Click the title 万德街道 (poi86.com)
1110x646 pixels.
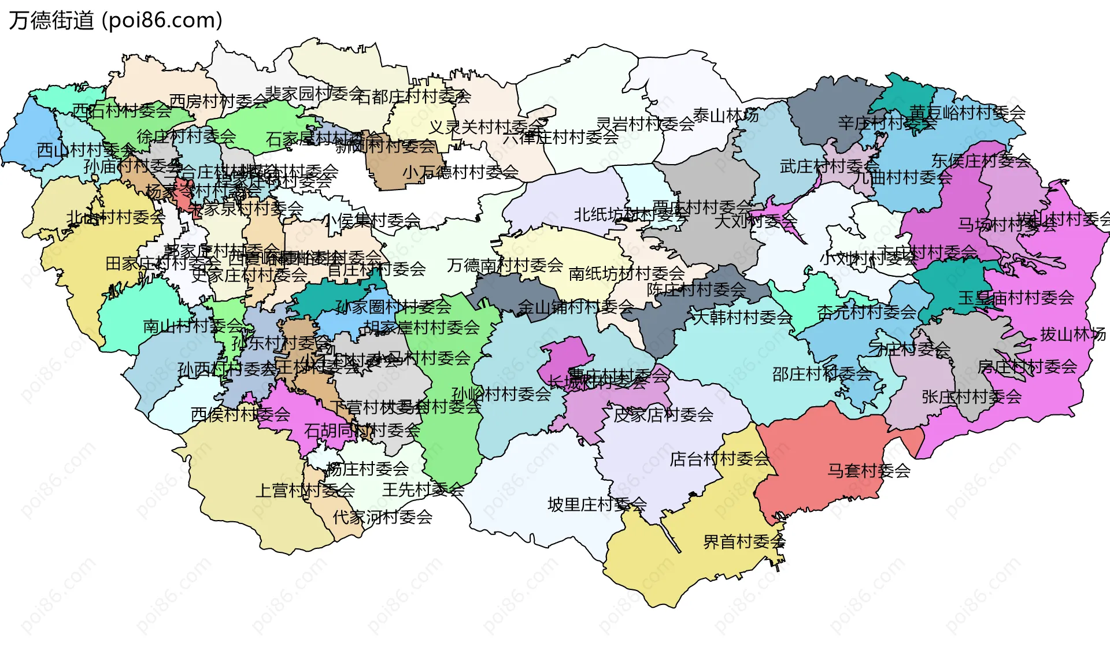pyautogui.click(x=116, y=20)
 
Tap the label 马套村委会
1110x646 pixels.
pyautogui.click(x=868, y=470)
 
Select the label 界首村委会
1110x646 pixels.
pyautogui.click(x=744, y=541)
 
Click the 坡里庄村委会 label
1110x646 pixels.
pyautogui.click(x=597, y=504)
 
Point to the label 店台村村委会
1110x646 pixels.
pyautogui.click(x=720, y=459)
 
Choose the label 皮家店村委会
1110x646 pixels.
pyautogui.click(x=663, y=414)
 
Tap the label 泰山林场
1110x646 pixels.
pyautogui.click(x=726, y=116)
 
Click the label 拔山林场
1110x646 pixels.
pyautogui.click(x=1072, y=334)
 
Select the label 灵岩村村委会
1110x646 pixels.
pyautogui.click(x=645, y=124)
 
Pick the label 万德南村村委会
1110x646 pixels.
pyautogui.click(x=505, y=265)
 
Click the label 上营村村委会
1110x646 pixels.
pyautogui.click(x=305, y=491)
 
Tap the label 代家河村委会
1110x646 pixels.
pyautogui.click(x=382, y=517)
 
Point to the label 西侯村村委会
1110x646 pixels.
pyautogui.click(x=240, y=414)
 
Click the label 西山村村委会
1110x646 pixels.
pyautogui.click(x=87, y=150)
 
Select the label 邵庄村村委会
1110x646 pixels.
pyautogui.click(x=822, y=374)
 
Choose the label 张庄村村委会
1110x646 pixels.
pyautogui.click(x=971, y=396)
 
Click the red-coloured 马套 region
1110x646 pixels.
pyautogui.click(x=821, y=456)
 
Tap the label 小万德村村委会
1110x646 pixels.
pyautogui.click(x=460, y=172)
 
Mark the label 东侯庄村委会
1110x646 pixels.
pyautogui.click(x=980, y=160)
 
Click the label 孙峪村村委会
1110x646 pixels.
pyautogui.click(x=501, y=394)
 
